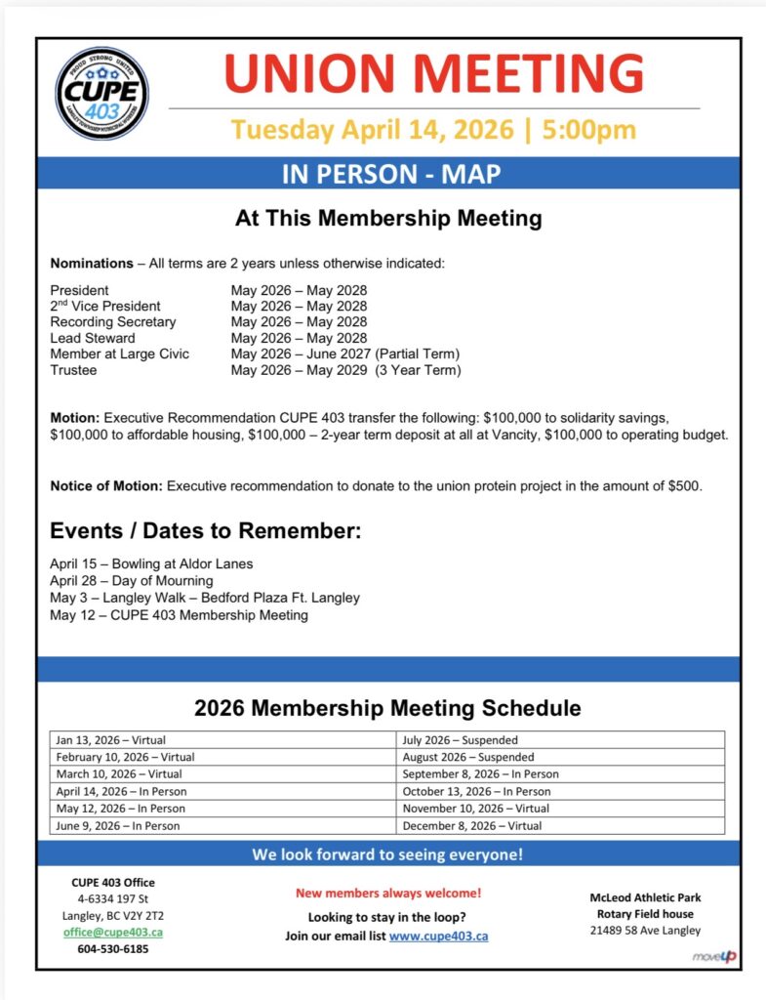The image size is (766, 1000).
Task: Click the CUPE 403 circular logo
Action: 102,95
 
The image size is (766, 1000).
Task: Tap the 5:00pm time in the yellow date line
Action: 588,130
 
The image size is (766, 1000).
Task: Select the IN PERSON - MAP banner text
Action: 391,174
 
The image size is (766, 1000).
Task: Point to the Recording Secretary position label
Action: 113,322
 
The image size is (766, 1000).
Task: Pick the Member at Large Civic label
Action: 120,354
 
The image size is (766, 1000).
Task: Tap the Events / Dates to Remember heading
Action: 206,532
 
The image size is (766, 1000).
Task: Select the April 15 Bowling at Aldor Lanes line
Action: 151,564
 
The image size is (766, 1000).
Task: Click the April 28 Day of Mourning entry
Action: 132,581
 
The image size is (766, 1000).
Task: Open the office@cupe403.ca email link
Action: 113,932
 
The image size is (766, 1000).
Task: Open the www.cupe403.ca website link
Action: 438,936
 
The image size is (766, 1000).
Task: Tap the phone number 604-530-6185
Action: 113,948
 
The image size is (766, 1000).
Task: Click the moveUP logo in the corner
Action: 714,956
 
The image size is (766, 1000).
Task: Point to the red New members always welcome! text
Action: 387,893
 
